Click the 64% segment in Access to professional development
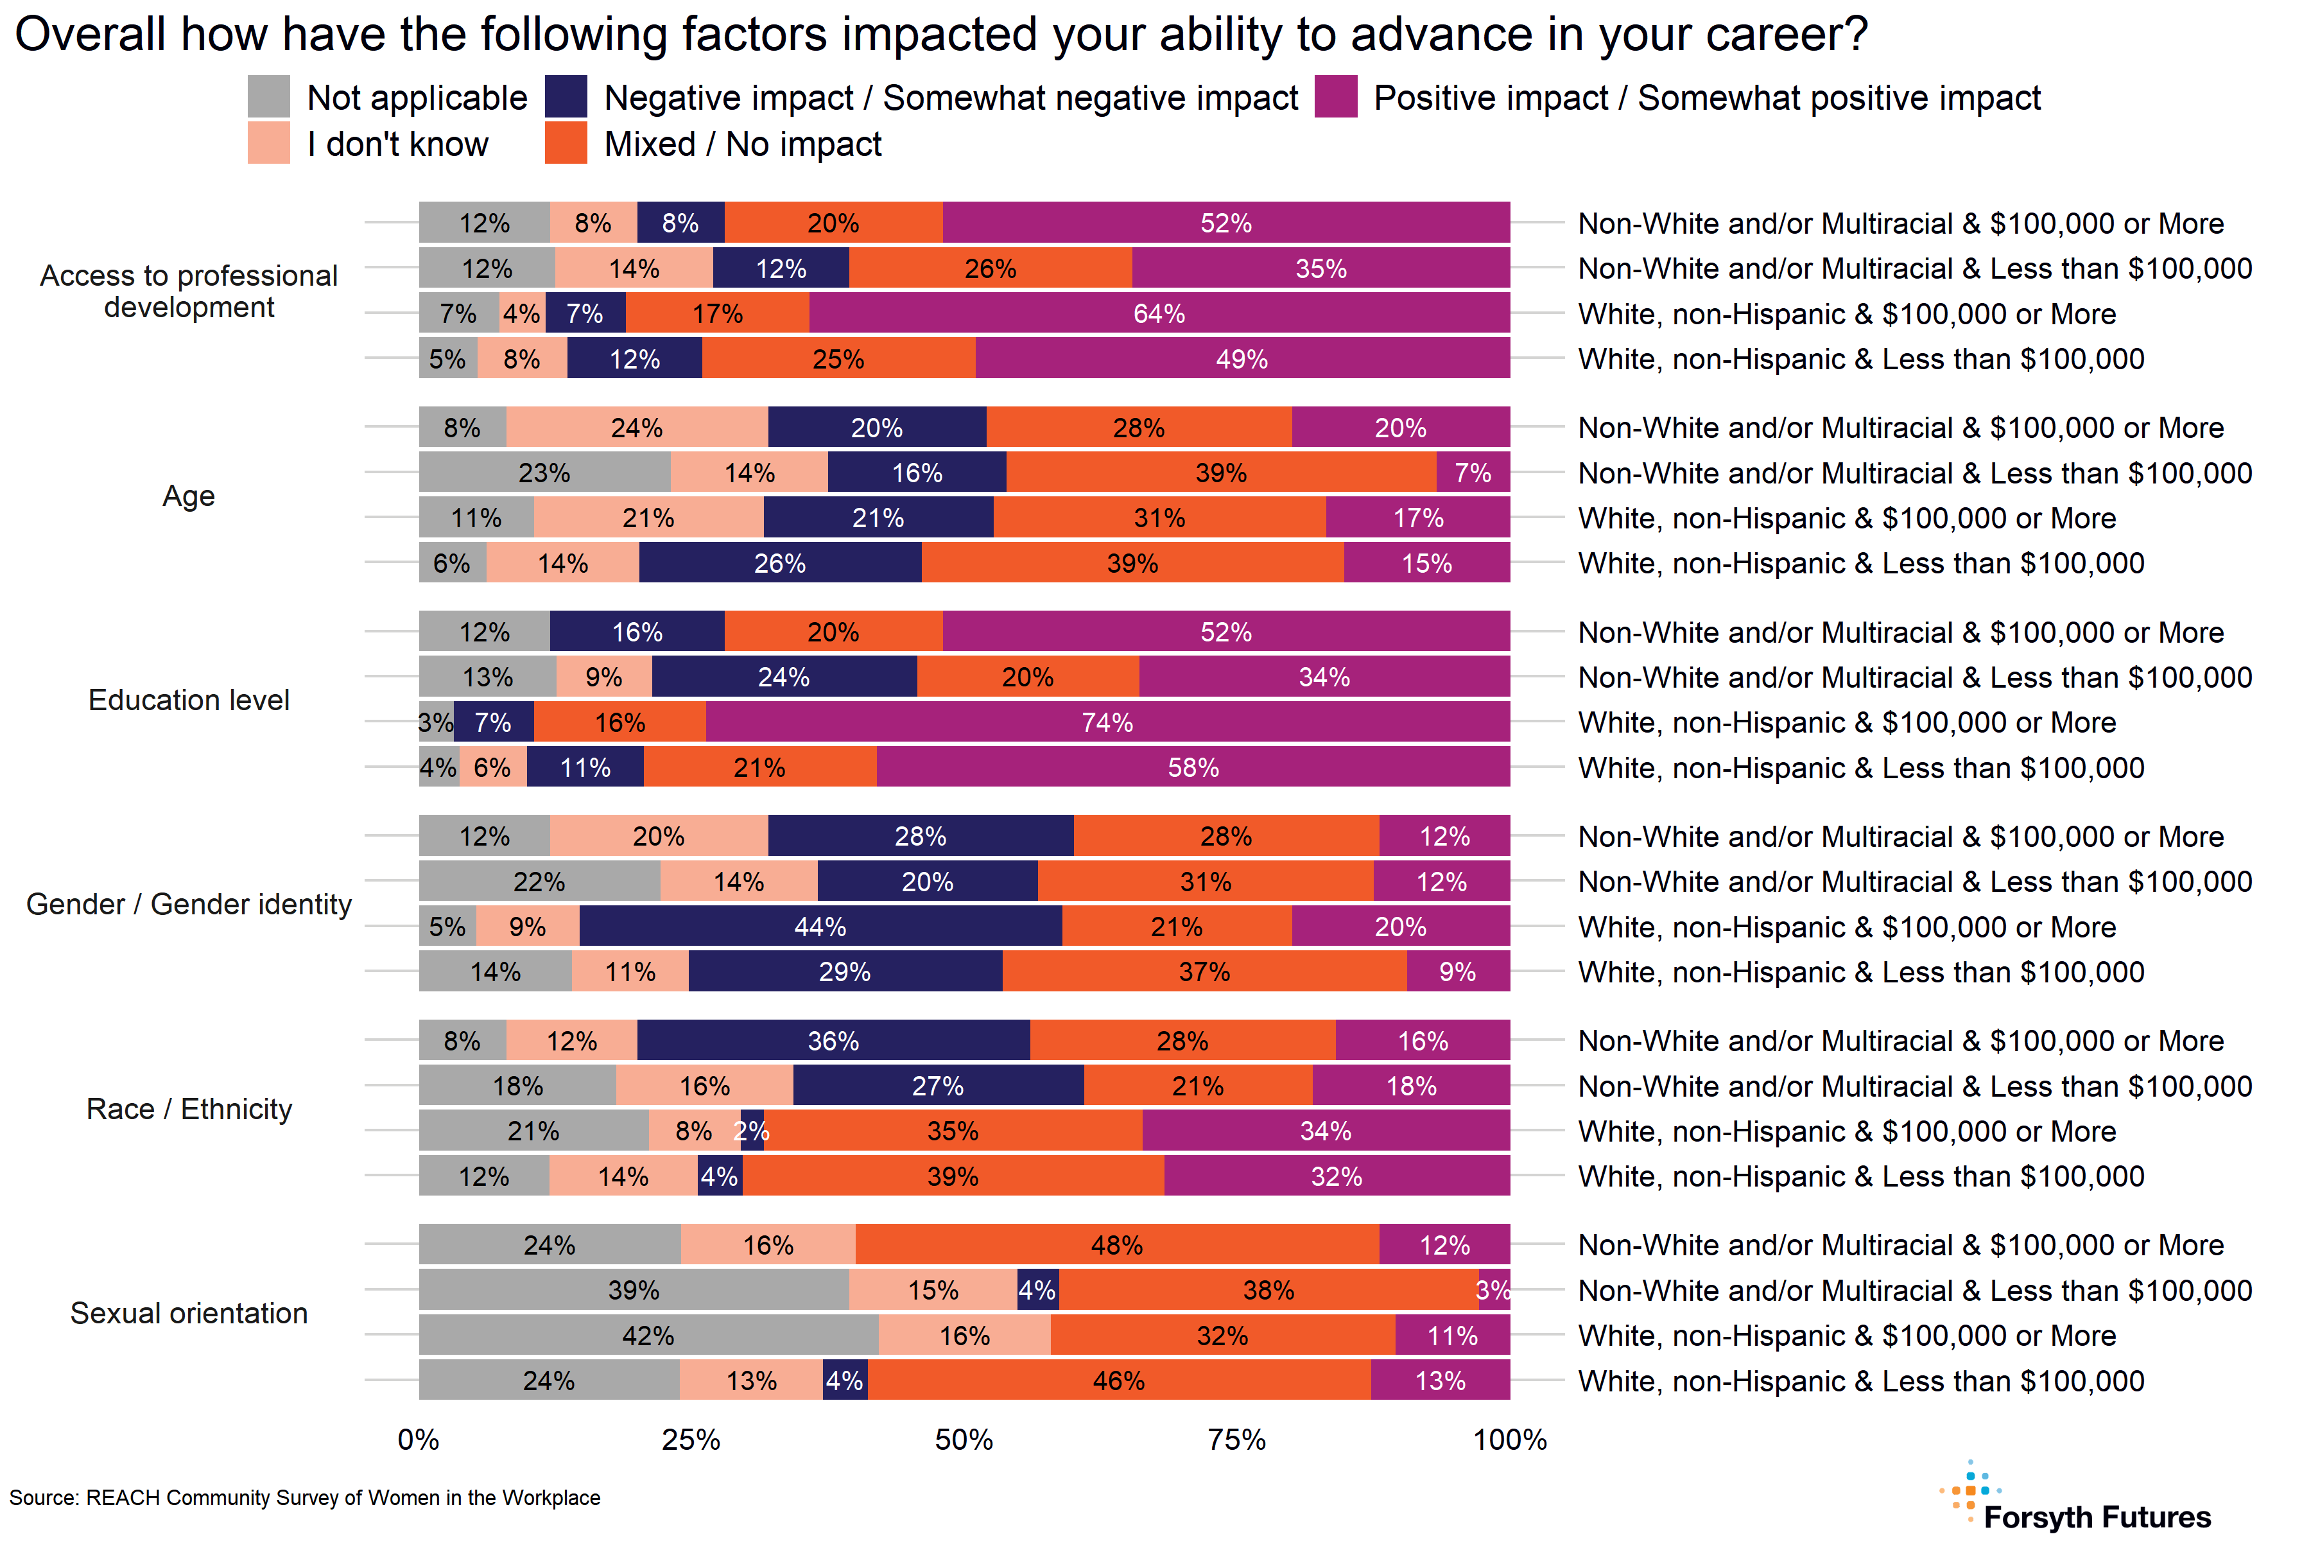point(1159,313)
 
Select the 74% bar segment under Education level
point(1107,722)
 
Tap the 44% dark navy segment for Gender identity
point(820,927)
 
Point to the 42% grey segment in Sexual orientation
point(648,1336)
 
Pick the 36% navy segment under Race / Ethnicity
point(833,1041)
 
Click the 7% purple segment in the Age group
point(1473,473)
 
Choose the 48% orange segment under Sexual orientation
point(1117,1245)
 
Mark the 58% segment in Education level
point(1193,767)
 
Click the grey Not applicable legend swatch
point(268,96)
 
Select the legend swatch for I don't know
point(268,143)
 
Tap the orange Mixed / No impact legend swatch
point(566,143)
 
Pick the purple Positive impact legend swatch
point(1335,96)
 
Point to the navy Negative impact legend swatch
point(566,96)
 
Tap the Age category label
point(189,496)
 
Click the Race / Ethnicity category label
point(189,1109)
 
